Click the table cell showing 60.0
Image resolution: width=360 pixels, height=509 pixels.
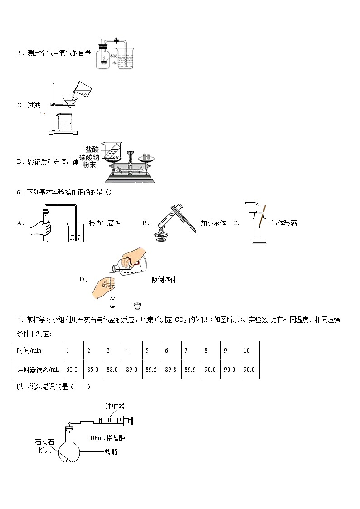[x=72, y=369]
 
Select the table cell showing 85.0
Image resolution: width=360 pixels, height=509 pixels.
[x=92, y=369]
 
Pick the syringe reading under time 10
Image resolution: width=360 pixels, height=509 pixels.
[x=249, y=369]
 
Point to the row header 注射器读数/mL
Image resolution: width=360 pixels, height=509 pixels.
[x=38, y=369]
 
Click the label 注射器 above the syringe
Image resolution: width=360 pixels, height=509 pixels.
[x=115, y=406]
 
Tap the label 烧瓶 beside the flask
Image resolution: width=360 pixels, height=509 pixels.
[x=111, y=452]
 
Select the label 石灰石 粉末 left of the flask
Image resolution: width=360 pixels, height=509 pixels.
[x=44, y=446]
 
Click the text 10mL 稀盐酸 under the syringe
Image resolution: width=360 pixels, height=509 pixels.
[x=107, y=437]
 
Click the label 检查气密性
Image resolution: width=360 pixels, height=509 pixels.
[x=105, y=223]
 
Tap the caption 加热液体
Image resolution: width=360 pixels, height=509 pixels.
[x=213, y=223]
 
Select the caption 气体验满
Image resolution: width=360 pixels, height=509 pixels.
[x=284, y=223]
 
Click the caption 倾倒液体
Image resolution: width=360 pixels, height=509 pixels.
[x=164, y=280]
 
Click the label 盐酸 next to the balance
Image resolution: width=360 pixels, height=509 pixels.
[x=92, y=149]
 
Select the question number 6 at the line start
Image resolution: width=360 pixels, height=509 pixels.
[x=19, y=192]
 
